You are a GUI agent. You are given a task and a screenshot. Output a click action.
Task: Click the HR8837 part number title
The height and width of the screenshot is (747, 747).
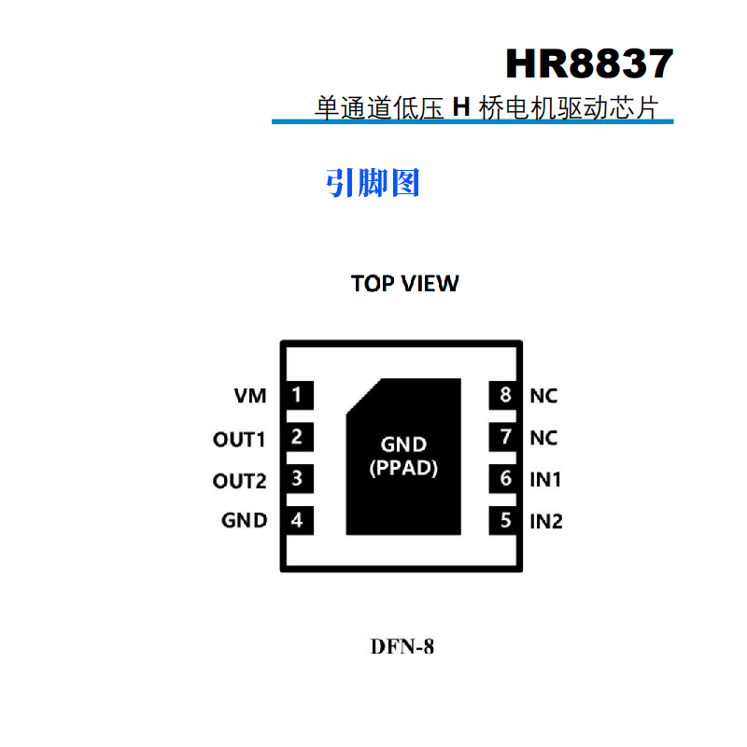588,64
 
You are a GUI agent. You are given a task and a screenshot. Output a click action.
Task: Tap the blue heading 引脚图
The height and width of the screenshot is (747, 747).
373,183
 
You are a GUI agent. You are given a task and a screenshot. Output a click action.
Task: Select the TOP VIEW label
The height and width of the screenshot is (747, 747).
404,284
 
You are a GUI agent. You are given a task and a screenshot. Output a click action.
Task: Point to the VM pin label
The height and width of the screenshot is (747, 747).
250,396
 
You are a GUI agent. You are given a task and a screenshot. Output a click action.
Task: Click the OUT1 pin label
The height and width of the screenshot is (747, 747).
240,439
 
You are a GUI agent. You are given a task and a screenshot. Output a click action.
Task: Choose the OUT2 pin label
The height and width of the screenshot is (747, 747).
240,481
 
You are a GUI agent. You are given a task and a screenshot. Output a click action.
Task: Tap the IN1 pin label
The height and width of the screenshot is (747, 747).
545,480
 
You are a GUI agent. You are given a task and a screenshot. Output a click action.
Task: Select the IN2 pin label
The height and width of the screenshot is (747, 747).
546,521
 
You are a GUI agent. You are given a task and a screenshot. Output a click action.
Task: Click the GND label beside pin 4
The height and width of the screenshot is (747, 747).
245,521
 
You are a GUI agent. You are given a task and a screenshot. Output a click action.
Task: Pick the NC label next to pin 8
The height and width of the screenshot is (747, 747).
543,396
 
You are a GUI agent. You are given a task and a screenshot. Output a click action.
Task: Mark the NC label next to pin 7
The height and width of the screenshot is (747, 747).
543,438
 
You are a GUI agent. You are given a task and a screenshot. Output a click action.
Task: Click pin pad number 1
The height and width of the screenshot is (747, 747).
297,396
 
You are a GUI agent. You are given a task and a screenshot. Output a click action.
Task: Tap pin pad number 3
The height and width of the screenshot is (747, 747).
297,480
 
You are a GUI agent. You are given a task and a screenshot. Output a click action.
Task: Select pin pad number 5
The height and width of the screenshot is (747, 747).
506,520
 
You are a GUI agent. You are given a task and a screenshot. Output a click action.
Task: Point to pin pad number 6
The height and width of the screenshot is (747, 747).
506,479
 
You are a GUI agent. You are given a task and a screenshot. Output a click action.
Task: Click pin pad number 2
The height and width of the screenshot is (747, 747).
297,437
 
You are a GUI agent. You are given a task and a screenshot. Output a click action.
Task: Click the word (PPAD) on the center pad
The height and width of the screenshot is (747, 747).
403,469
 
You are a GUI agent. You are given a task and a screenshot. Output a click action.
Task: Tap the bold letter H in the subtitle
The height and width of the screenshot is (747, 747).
459,108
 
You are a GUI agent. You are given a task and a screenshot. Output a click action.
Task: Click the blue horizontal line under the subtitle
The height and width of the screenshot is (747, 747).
472,121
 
